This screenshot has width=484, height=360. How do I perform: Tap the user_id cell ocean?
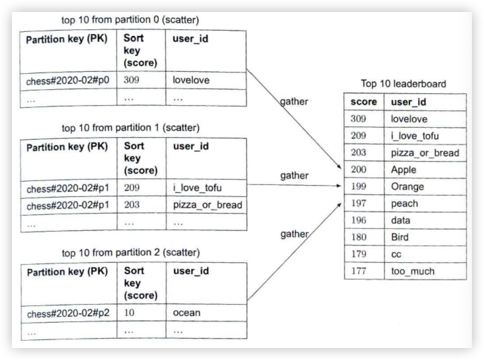pyautogui.click(x=186, y=313)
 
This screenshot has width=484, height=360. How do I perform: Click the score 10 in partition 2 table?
pyautogui.click(x=130, y=313)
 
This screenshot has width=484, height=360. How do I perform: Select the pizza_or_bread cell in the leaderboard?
pyautogui.click(x=425, y=152)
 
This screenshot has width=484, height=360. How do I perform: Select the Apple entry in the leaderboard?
pyautogui.click(x=407, y=170)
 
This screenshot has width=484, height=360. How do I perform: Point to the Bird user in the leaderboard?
pyautogui.click(x=403, y=237)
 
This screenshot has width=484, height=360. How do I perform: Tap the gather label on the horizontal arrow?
pyautogui.click(x=294, y=175)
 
